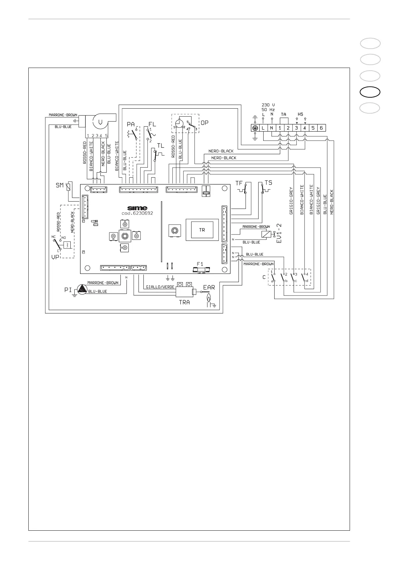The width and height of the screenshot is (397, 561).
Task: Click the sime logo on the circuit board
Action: tap(137, 208)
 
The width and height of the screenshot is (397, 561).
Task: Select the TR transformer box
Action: tap(202, 230)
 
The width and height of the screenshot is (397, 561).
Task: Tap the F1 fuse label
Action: tap(200, 264)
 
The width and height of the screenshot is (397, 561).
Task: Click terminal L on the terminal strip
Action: tap(263, 128)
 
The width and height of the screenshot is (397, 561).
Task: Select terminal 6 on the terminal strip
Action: tap(321, 128)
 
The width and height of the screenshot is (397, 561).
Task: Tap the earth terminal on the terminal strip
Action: tap(255, 128)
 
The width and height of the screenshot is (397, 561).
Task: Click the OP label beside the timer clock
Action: tap(205, 122)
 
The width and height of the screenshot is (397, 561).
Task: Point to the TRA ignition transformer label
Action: tap(184, 302)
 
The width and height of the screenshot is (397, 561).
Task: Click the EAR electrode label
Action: tap(209, 287)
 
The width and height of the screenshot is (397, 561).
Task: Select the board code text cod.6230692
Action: tap(137, 213)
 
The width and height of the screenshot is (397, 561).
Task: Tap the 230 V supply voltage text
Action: tap(268, 105)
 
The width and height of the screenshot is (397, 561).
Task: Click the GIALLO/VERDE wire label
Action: tap(160, 287)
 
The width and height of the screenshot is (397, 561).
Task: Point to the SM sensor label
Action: tap(60, 185)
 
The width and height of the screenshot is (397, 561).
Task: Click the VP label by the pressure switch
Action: tap(55, 257)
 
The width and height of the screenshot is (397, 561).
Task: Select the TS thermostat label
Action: tap(268, 183)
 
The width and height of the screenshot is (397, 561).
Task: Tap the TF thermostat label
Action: tap(239, 183)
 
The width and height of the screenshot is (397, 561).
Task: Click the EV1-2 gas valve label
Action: tap(280, 233)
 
